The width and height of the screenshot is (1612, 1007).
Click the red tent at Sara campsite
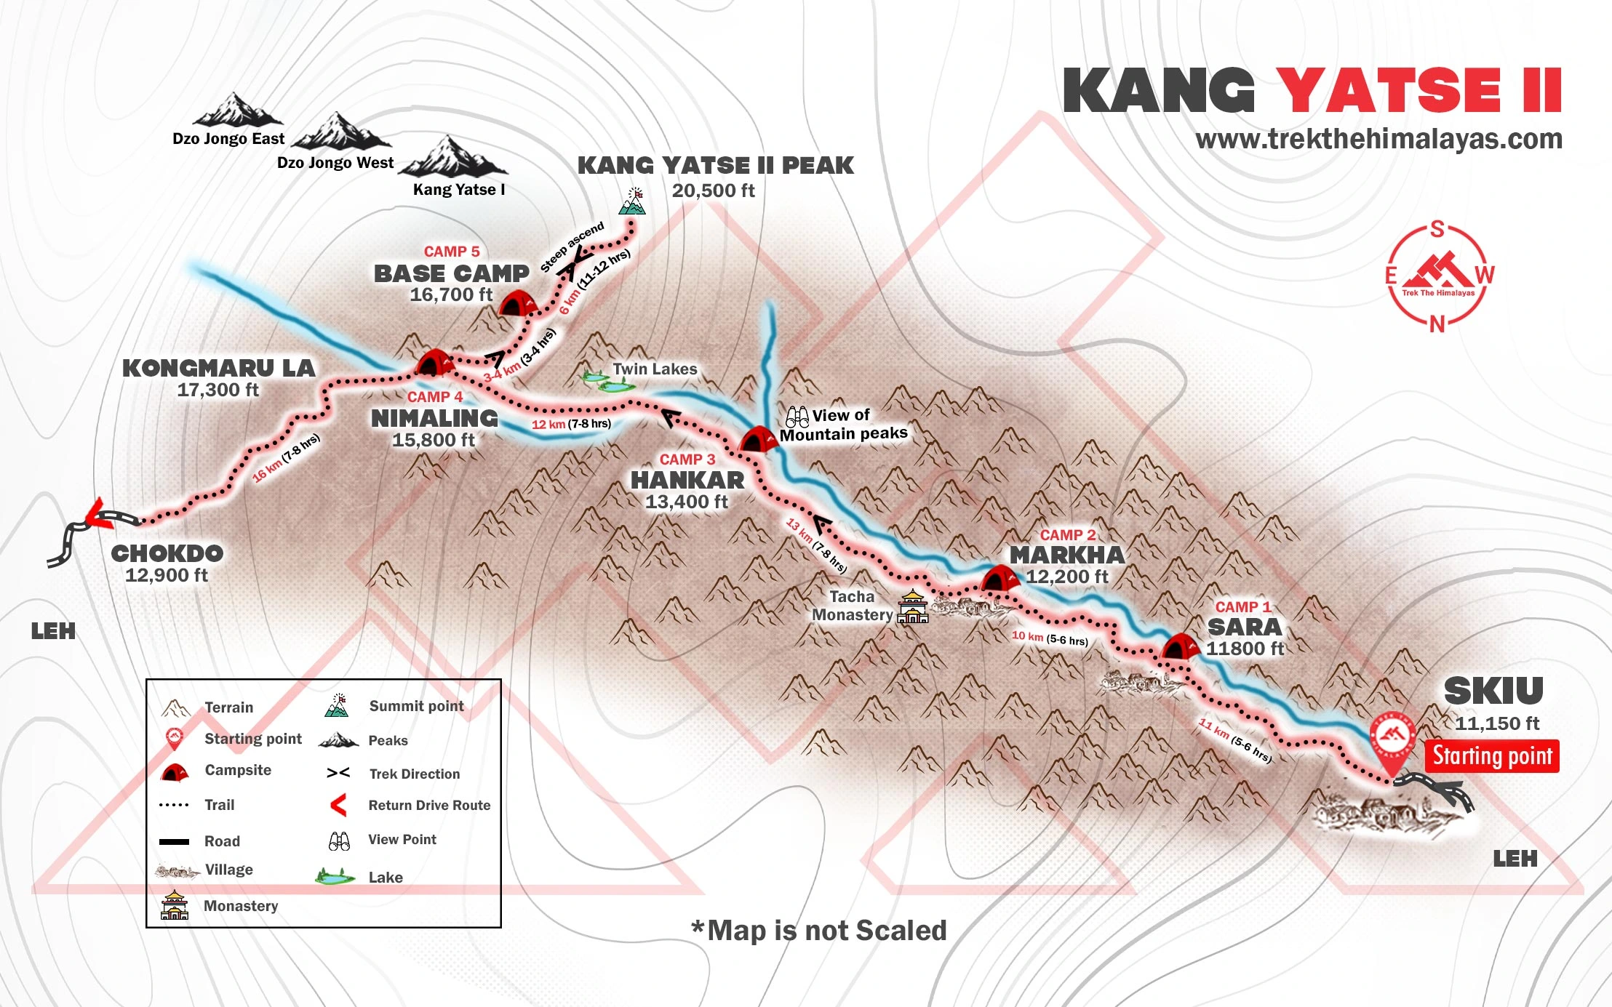[x=1179, y=646]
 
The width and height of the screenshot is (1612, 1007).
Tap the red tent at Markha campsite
[x=999, y=579]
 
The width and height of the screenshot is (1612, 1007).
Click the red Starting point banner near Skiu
[x=1492, y=756]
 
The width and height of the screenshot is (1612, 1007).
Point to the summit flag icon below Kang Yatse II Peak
[x=632, y=202]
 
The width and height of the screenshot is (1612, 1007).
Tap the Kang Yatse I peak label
[x=458, y=190]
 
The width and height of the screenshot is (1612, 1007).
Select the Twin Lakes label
[x=655, y=369]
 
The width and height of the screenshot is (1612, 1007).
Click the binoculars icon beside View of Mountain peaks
[x=797, y=417]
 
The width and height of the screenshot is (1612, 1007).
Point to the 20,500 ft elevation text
[x=713, y=191]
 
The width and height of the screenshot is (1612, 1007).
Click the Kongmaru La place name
[x=218, y=368]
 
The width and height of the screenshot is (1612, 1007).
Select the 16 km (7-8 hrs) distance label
[x=286, y=458]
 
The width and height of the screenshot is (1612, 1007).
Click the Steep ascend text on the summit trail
[x=572, y=247]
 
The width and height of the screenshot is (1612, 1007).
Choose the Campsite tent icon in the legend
[x=175, y=772]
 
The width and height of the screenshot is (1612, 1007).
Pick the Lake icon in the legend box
[x=335, y=876]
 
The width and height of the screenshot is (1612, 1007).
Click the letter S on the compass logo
[x=1437, y=230]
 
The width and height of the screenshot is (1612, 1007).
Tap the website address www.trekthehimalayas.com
[x=1378, y=139]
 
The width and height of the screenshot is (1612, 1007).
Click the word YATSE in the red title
[x=1388, y=91]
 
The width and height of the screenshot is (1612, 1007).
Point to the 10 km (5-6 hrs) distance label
[x=1050, y=638]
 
